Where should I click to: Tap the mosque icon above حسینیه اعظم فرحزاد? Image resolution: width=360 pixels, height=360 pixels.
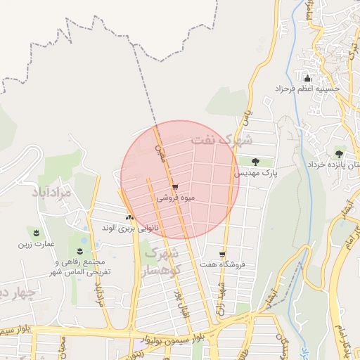tap(307, 77)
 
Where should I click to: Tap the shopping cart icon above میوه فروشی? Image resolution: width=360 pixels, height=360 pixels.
tap(174, 187)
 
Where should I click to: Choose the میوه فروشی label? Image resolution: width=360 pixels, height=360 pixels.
tap(174, 198)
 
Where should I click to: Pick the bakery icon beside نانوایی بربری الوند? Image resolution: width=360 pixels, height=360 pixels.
tap(129, 217)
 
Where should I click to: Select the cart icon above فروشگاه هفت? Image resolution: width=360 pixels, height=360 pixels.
tap(222, 255)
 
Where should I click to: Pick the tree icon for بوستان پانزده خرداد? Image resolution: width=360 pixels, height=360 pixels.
tap(340, 153)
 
